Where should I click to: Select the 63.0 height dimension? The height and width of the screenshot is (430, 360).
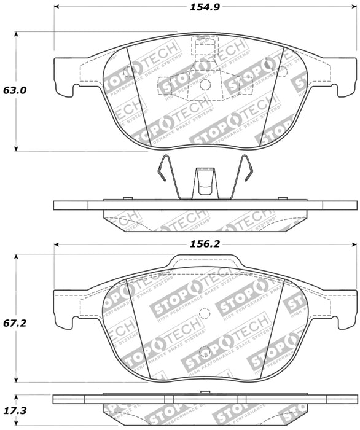tap(14, 90)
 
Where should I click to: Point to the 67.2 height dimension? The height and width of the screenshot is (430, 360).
tap(15, 322)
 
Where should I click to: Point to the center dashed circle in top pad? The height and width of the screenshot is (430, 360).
tap(205, 85)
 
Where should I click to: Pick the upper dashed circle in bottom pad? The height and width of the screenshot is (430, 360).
tap(205, 313)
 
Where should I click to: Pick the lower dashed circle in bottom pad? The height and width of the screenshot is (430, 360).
tap(207, 353)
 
